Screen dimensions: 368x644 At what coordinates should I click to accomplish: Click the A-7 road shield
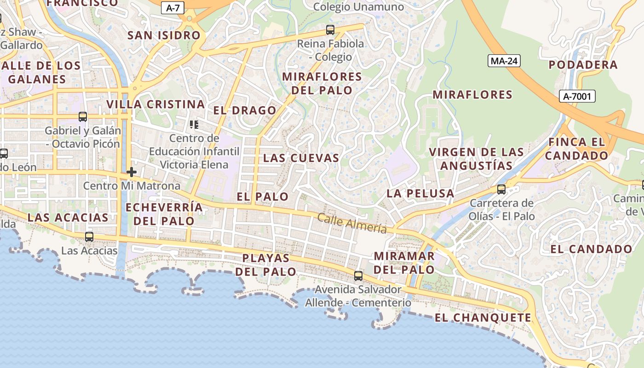click(x=173, y=7)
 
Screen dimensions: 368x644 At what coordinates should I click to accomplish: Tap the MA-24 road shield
click(x=504, y=61)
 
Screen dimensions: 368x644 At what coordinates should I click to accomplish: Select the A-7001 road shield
click(x=577, y=96)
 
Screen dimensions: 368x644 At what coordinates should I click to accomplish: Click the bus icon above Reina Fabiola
click(x=330, y=30)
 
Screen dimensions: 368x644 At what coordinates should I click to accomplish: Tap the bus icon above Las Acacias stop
click(x=89, y=237)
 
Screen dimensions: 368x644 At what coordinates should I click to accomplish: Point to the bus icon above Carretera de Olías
click(x=501, y=189)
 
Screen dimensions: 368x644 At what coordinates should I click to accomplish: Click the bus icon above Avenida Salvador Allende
click(x=358, y=276)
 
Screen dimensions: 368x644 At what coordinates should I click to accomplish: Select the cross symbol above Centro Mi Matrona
click(x=132, y=172)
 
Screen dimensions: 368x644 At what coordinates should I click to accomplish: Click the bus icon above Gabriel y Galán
click(x=83, y=117)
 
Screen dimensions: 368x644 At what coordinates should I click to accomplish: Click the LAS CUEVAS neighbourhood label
click(x=301, y=158)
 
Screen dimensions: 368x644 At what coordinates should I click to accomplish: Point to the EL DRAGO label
click(x=245, y=110)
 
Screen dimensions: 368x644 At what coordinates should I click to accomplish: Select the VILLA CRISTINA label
click(x=155, y=104)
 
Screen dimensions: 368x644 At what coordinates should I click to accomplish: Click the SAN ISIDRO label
click(x=164, y=35)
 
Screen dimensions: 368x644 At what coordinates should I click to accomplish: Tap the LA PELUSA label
click(x=420, y=193)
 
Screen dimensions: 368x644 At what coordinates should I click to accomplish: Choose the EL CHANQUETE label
click(x=483, y=317)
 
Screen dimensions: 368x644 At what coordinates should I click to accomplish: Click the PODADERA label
click(x=583, y=65)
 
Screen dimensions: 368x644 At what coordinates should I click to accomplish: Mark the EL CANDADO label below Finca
click(x=592, y=249)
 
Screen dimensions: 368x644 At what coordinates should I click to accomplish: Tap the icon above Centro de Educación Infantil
click(x=194, y=124)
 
